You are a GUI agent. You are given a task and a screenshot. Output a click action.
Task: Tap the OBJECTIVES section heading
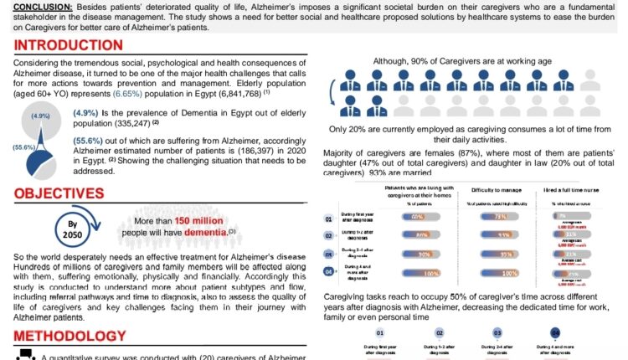[57, 195]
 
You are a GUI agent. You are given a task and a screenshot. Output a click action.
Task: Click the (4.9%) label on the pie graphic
[39, 116]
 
